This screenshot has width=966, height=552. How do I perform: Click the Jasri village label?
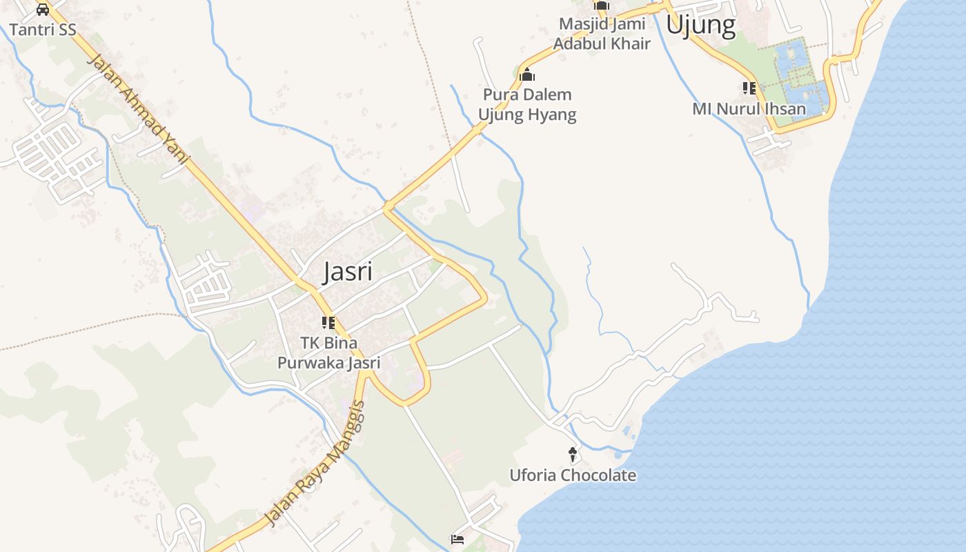348,271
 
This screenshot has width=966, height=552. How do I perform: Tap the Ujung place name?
700,26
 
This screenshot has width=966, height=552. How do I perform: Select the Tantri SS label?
43,30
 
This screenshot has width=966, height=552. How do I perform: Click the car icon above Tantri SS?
43,10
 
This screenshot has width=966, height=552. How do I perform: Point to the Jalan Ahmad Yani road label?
138,110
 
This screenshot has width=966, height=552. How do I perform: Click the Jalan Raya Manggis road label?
315,464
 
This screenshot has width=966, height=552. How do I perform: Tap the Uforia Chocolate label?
573,475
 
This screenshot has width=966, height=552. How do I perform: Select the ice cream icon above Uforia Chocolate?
573,454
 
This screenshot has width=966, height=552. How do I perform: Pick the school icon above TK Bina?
328,322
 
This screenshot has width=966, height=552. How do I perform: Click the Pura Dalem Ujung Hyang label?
528,104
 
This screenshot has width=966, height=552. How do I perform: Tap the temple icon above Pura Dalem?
528,75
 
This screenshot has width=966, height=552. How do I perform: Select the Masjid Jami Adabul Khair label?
602,34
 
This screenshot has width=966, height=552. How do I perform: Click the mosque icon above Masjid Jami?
602,6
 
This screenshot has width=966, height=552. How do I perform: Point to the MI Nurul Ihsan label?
749,109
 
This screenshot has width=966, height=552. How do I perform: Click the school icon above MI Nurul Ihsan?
749,88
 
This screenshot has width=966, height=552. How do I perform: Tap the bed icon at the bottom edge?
457,540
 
